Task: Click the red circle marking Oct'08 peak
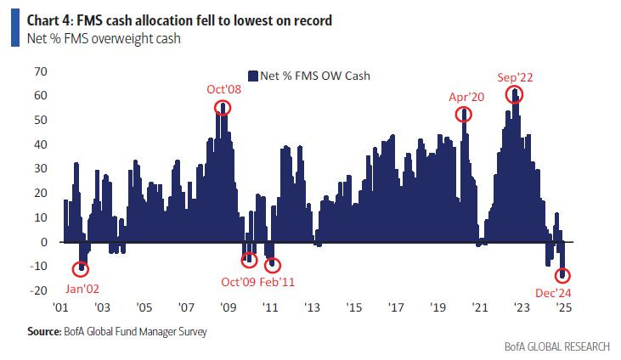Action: point(223,107)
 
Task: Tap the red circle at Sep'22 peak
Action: point(515,95)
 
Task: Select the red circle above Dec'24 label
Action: point(563,275)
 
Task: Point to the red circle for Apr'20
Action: point(464,114)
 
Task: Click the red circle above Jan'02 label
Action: point(82,268)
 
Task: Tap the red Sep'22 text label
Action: point(516,78)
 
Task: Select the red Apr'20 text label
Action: point(466,98)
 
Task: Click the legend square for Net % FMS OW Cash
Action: point(251,76)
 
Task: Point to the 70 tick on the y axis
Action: point(39,71)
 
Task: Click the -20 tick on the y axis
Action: point(37,290)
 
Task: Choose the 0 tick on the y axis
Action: point(43,242)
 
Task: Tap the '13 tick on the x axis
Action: point(311,307)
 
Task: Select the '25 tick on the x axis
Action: point(563,307)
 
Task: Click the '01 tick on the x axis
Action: point(61,307)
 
